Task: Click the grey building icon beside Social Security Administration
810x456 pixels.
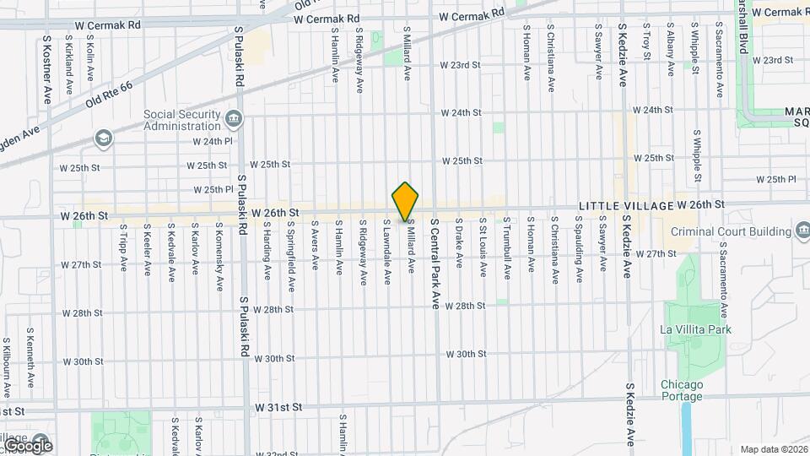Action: click(x=235, y=118)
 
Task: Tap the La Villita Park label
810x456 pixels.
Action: click(x=696, y=329)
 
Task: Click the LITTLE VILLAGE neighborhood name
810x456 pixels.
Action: click(x=625, y=206)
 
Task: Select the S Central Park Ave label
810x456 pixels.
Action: click(x=435, y=263)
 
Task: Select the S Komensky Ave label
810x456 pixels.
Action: click(x=219, y=250)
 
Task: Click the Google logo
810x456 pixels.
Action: click(x=27, y=445)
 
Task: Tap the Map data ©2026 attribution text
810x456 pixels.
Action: click(x=773, y=449)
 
